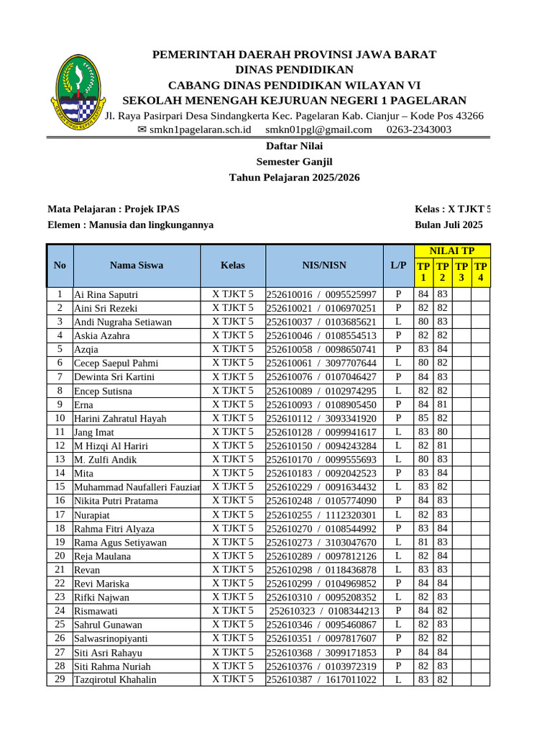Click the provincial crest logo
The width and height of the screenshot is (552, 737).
[x=77, y=91]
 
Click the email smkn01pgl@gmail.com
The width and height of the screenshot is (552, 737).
[x=318, y=130]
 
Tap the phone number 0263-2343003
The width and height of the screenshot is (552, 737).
[x=419, y=130]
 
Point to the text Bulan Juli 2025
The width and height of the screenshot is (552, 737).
[x=448, y=225]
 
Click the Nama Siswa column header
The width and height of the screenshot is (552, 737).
[x=137, y=265]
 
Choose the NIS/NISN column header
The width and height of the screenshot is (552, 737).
[x=324, y=265]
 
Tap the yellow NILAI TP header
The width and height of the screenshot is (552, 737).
[x=451, y=251]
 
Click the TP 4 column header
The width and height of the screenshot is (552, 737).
[x=481, y=272]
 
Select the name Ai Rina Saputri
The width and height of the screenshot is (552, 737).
[x=106, y=294]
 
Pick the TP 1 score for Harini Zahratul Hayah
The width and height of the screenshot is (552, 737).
[x=423, y=418]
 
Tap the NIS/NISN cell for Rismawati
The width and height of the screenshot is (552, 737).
[x=324, y=611]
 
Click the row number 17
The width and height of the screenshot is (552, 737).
[x=60, y=515]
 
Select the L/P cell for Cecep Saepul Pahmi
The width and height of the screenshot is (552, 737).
[x=398, y=363]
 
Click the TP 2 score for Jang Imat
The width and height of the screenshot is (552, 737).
[x=443, y=432]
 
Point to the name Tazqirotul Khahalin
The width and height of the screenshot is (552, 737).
[x=115, y=679]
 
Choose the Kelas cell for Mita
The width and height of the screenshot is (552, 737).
[x=233, y=473]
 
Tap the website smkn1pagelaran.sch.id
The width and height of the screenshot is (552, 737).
[x=194, y=130]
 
